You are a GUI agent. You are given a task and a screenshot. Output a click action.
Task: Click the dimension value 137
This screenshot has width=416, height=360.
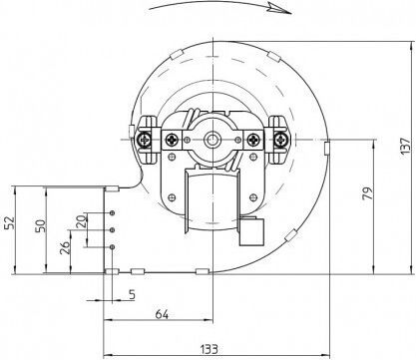pos(406,146)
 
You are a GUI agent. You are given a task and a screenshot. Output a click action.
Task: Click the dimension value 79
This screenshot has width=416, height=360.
pos(368,193)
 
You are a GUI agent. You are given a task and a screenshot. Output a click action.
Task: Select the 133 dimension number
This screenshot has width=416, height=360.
pos(209,349)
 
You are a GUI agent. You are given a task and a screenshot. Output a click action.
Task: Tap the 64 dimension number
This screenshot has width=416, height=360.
pos(162,314)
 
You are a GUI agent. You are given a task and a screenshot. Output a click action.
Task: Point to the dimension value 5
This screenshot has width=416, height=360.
pos(132,294)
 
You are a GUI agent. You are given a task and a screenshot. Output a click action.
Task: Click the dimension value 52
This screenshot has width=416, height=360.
pos(10,222)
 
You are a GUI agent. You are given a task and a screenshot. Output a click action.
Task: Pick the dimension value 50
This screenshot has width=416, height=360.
pos(40,225)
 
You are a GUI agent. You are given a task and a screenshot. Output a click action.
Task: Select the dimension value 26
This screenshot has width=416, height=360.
pos(65,247)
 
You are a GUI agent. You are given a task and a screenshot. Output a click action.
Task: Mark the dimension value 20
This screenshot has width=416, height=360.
pos(81,220)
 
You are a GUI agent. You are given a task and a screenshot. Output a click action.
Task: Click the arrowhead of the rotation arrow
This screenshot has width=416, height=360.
pos(281,9)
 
